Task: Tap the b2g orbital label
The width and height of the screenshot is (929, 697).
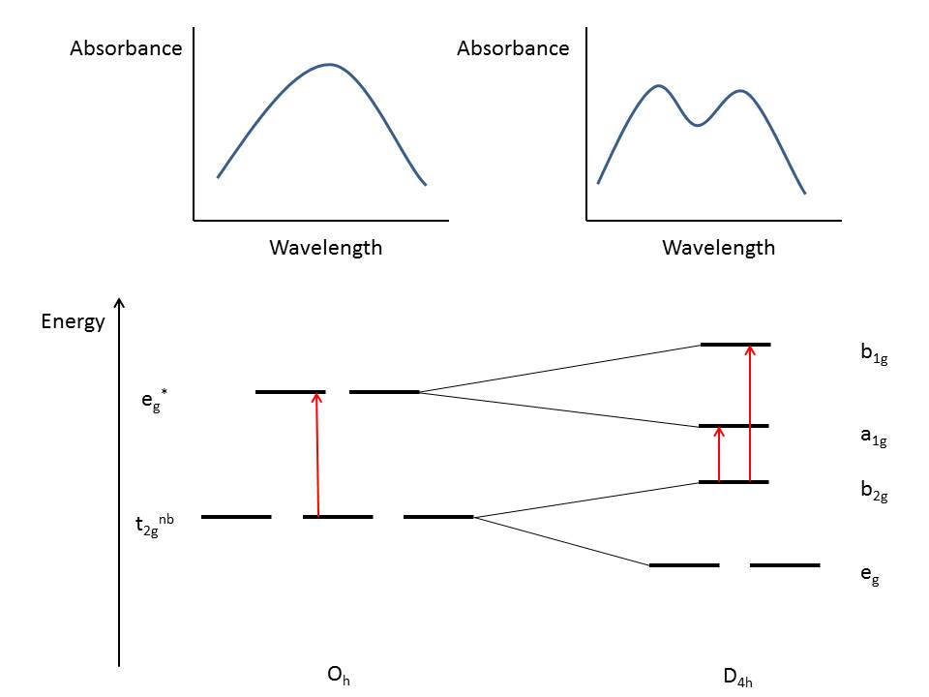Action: tap(873, 493)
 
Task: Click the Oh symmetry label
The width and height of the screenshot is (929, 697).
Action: tap(339, 676)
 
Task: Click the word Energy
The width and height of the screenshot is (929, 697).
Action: tap(73, 322)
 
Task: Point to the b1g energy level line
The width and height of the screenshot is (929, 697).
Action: tap(735, 344)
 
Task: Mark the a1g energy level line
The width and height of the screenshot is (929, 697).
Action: tap(734, 426)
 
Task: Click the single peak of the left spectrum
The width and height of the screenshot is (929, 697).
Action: tap(330, 65)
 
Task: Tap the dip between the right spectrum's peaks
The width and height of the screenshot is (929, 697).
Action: tap(699, 125)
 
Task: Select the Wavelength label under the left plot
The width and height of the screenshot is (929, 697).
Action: tap(325, 248)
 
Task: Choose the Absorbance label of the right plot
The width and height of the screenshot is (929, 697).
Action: tap(513, 48)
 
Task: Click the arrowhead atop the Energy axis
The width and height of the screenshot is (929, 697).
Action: tap(118, 303)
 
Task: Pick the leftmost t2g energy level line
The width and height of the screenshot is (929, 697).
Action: tap(236, 517)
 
